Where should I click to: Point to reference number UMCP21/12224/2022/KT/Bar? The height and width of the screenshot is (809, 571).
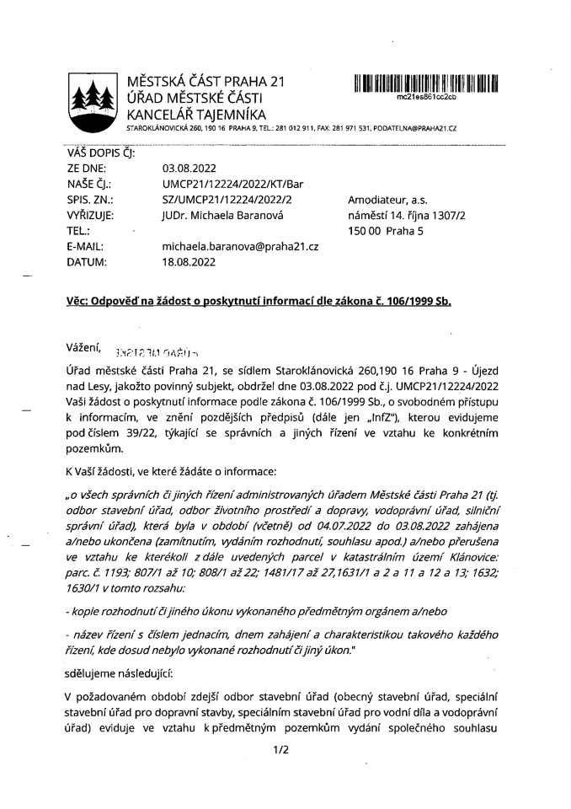(x=232, y=184)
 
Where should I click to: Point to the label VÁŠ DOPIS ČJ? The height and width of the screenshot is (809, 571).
(x=99, y=153)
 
